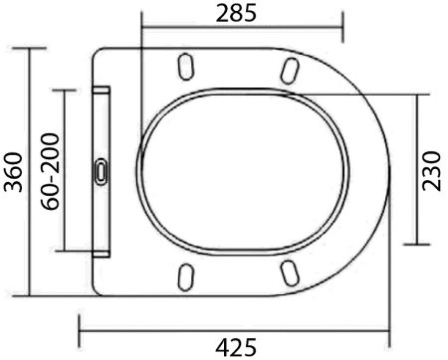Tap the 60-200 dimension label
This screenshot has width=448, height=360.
(48, 169)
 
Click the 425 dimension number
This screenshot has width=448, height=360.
(237, 344)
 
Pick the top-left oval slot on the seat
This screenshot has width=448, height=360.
(185, 67)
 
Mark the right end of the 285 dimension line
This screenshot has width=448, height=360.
(343, 28)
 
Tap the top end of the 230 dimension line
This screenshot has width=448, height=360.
(417, 91)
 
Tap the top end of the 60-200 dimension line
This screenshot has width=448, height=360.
(65, 89)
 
